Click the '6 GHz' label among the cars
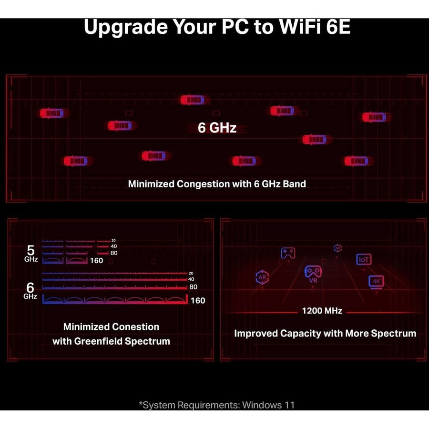pyautogui.click(x=217, y=128)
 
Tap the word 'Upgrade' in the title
pyautogui.click(x=126, y=28)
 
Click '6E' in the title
pyautogui.click(x=338, y=27)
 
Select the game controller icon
pyautogui.click(x=288, y=253)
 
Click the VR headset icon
pyautogui.click(x=313, y=274)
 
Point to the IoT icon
pyautogui.click(x=364, y=259)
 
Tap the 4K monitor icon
pyautogui.click(x=377, y=282)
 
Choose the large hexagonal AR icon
pyautogui.click(x=262, y=277)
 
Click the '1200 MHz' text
pyautogui.click(x=322, y=311)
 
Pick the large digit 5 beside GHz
pyautogui.click(x=31, y=250)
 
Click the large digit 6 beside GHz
pyautogui.click(x=30, y=288)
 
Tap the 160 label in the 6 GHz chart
pyautogui.click(x=198, y=301)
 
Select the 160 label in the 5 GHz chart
pyautogui.click(x=97, y=261)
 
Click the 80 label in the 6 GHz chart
pyautogui.click(x=193, y=287)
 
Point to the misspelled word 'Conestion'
pyautogui.click(x=135, y=327)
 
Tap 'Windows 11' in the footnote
pyautogui.click(x=268, y=405)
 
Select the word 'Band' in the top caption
pyautogui.click(x=295, y=184)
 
